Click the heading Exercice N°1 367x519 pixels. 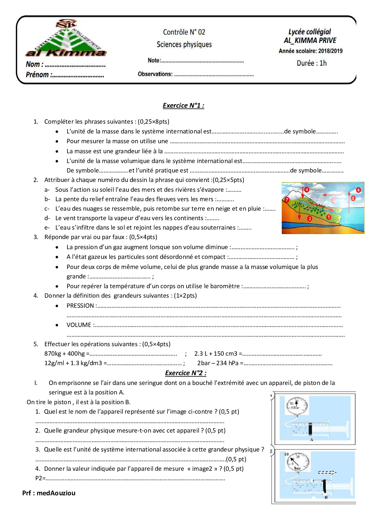[183, 106]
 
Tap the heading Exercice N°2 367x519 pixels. [186, 373]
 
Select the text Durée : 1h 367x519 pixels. [311, 63]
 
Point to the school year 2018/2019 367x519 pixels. [330, 51]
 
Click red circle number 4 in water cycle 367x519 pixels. [307, 189]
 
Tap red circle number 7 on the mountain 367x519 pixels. [286, 200]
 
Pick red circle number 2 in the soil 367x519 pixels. [310, 219]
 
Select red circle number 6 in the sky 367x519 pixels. [358, 190]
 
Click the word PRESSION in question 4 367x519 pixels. [80, 306]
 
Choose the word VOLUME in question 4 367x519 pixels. [79, 325]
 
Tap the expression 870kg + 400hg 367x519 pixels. [65, 354]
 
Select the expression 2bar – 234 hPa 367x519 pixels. [218, 363]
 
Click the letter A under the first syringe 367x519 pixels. [311, 440]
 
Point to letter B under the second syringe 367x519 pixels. [326, 497]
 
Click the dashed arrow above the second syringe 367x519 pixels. [327, 473]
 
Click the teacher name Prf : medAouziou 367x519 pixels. [49, 493]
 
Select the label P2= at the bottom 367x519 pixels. [40, 478]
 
